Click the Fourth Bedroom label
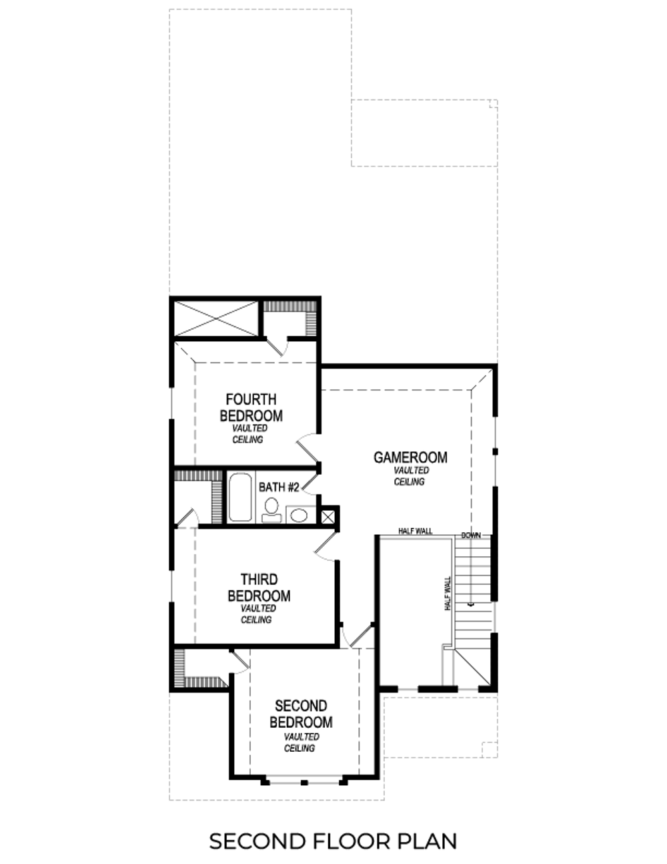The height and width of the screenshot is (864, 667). click(251, 407)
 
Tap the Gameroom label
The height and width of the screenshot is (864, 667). click(410, 457)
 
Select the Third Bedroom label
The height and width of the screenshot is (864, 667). click(259, 588)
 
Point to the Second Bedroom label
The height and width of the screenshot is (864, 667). click(301, 714)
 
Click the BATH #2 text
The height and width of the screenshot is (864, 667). click(278, 487)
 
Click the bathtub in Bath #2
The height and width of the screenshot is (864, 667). click(240, 497)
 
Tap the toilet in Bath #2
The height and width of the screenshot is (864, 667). click(271, 510)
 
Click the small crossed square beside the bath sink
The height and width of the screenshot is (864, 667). click(328, 516)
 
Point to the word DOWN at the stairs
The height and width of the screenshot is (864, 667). click(471, 535)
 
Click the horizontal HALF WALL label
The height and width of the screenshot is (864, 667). click(416, 531)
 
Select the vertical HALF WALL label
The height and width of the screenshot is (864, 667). click(448, 593)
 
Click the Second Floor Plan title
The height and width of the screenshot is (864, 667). click(333, 841)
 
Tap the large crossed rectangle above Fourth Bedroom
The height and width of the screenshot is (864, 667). click(215, 318)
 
